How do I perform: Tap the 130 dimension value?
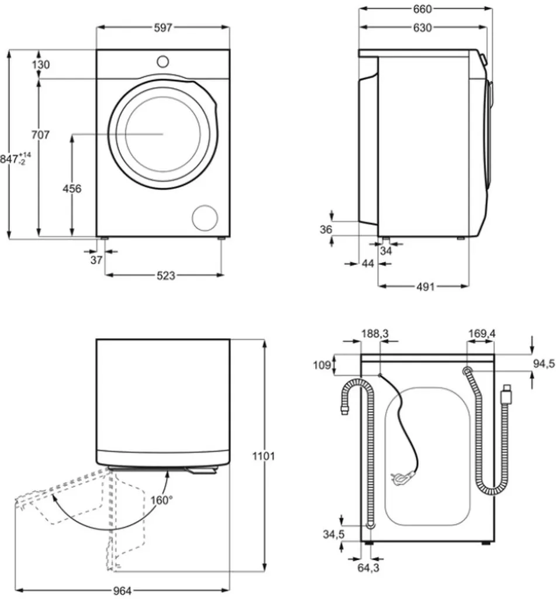(40, 65)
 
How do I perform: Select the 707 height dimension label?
(40, 135)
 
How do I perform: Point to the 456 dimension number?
(71, 188)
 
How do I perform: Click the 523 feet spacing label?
(165, 276)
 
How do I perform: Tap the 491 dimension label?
(424, 287)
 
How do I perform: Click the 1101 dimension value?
(263, 456)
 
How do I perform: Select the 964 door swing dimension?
(121, 591)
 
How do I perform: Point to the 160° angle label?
(161, 500)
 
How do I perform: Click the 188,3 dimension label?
(375, 333)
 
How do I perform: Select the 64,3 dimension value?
(367, 567)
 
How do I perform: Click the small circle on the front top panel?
(163, 60)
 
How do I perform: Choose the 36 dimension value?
(326, 230)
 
